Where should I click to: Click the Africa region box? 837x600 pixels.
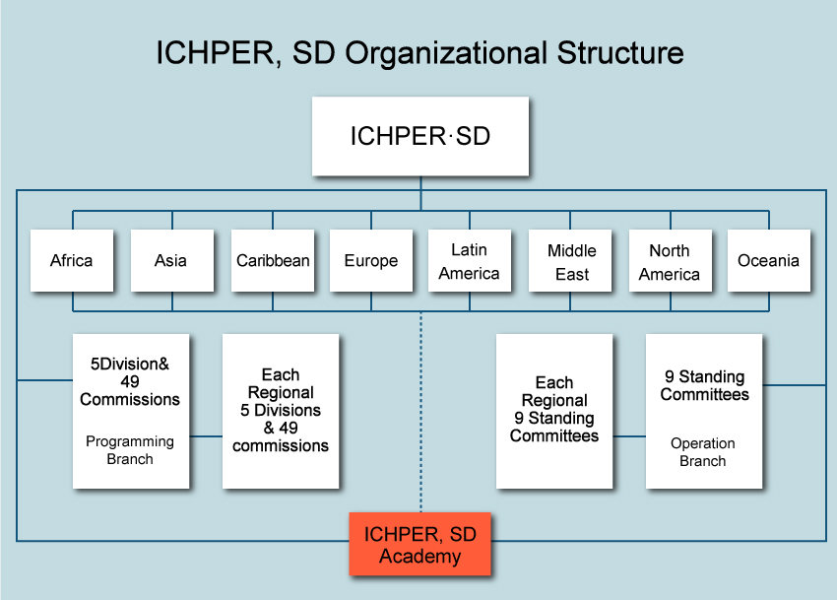coord(71,261)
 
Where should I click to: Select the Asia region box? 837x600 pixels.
coord(170,261)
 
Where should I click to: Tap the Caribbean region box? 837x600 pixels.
coord(273,261)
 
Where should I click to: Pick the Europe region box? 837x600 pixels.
coord(371,261)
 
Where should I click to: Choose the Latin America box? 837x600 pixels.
coord(469,261)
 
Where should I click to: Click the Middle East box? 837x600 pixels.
coord(571,261)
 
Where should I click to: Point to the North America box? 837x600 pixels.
coord(670,261)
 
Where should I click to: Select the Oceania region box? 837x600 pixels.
coord(768,261)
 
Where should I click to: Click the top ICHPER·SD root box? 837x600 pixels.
coord(420,136)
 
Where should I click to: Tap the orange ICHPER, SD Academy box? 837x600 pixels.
coord(420,545)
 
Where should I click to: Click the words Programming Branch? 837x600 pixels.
coord(130,450)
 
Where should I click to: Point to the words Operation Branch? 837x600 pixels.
coord(703,452)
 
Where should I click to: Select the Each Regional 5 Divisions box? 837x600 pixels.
coord(281,411)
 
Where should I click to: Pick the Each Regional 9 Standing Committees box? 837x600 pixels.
coord(554,410)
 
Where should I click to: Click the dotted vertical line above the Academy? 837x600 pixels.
coord(420,414)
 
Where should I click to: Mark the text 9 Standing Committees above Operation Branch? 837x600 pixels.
coord(704,385)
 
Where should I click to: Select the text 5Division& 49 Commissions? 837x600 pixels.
coord(130,381)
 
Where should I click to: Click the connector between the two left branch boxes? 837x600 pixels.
coord(206,435)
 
